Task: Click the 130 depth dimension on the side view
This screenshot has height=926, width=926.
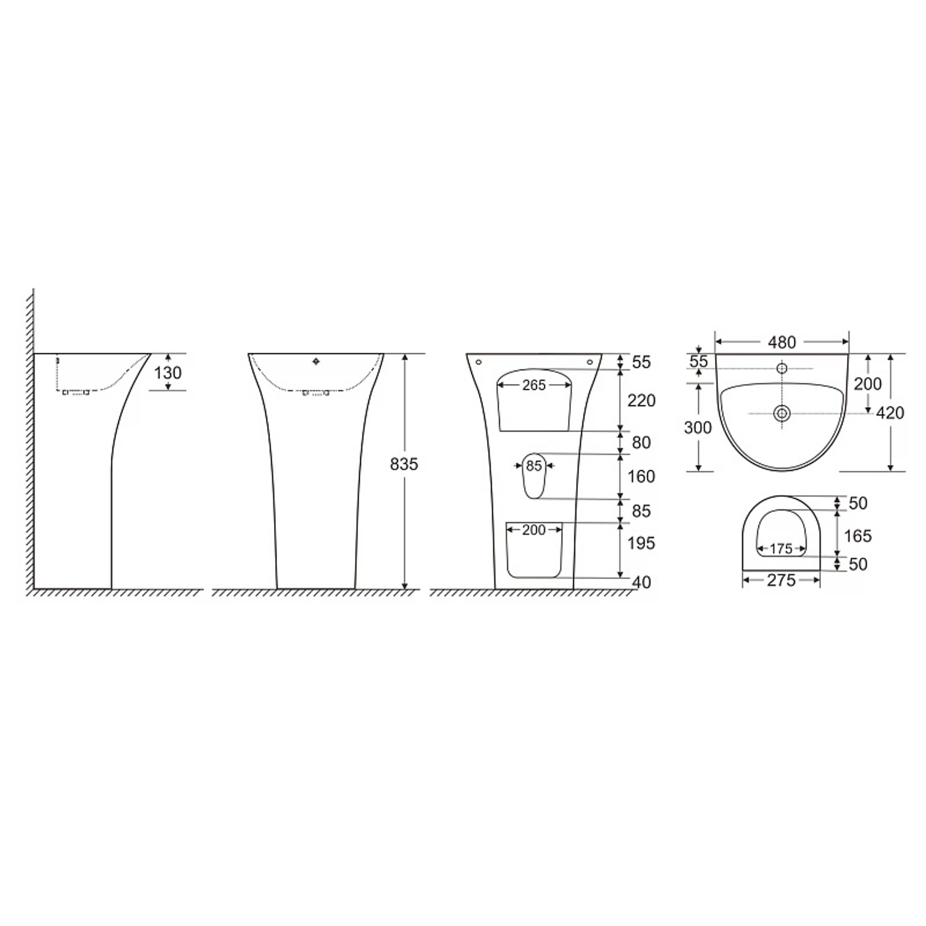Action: (x=168, y=373)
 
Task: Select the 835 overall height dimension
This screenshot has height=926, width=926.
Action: (x=404, y=464)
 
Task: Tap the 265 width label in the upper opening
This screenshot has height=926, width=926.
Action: (x=534, y=385)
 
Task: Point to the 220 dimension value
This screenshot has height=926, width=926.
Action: (x=641, y=401)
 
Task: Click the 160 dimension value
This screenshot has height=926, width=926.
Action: (x=641, y=477)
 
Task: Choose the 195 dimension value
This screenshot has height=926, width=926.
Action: (x=641, y=543)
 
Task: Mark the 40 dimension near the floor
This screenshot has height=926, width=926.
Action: (x=642, y=582)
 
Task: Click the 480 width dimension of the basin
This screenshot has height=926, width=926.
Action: (x=782, y=342)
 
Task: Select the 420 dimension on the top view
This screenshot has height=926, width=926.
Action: (x=890, y=412)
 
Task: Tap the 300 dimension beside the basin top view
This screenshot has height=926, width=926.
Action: (x=698, y=427)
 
